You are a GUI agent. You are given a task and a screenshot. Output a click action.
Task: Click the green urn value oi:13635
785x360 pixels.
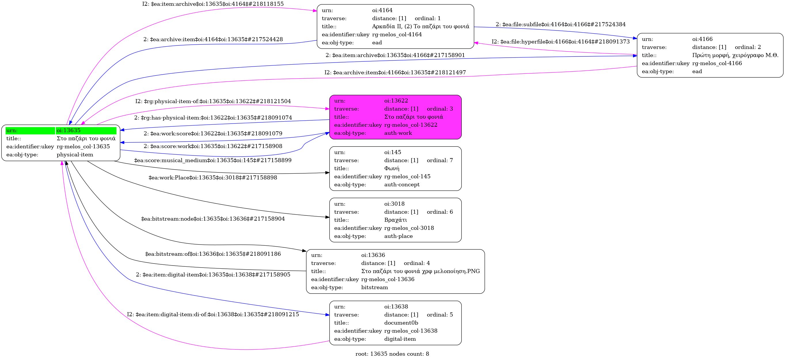click(x=69, y=130)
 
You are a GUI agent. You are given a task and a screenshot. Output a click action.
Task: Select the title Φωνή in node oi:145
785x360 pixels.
click(x=391, y=168)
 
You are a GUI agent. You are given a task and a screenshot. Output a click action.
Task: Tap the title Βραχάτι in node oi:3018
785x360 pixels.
click(x=395, y=220)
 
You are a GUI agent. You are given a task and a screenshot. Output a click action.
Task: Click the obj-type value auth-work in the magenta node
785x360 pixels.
click(x=398, y=133)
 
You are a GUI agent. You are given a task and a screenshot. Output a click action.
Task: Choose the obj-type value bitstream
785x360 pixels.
click(x=375, y=287)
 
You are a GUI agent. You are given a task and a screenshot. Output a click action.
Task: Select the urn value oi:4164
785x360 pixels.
click(x=382, y=10)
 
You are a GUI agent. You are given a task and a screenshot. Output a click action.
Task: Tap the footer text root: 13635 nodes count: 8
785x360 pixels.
click(x=392, y=354)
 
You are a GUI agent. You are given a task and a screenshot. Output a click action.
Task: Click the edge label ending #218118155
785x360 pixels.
click(x=213, y=4)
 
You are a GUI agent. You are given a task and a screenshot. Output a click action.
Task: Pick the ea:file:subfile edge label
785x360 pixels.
click(x=560, y=24)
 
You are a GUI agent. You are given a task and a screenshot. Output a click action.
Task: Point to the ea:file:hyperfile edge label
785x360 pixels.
click(x=560, y=41)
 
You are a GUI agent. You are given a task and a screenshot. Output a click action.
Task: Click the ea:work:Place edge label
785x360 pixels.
click(x=213, y=177)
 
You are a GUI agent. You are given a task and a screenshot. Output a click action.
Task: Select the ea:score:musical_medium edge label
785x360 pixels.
click(x=213, y=160)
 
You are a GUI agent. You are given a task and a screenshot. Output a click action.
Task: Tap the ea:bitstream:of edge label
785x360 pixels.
click(x=213, y=254)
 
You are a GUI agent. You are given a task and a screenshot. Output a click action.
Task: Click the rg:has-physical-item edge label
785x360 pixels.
click(x=213, y=117)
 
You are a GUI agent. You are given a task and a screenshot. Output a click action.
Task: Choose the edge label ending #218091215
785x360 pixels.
click(x=213, y=314)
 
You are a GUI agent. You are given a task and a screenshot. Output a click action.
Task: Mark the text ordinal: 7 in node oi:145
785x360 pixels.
click(x=440, y=160)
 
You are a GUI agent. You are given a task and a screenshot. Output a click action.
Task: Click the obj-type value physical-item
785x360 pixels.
click(x=75, y=155)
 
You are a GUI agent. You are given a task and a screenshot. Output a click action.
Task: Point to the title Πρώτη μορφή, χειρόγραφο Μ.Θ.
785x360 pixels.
click(x=735, y=55)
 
